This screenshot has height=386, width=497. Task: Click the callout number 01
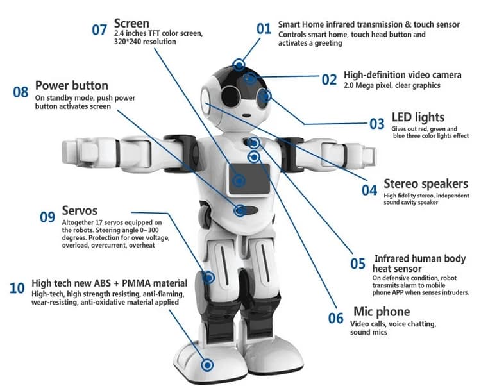tap(264, 29)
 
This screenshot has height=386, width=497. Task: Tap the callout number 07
tap(99, 29)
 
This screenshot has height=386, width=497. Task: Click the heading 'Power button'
tap(71, 85)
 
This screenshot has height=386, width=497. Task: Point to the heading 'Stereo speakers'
tap(425, 184)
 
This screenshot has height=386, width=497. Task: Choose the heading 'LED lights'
tap(417, 117)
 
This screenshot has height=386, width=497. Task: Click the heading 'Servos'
tap(80, 210)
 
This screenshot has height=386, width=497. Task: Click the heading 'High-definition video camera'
tap(402, 75)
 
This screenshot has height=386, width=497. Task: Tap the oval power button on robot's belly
tap(247, 210)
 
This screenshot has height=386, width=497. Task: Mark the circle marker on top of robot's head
tap(239, 64)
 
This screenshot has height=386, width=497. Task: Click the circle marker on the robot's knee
tap(208, 278)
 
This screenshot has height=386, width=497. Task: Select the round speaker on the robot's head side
tap(207, 100)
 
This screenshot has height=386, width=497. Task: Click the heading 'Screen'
tap(131, 24)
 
